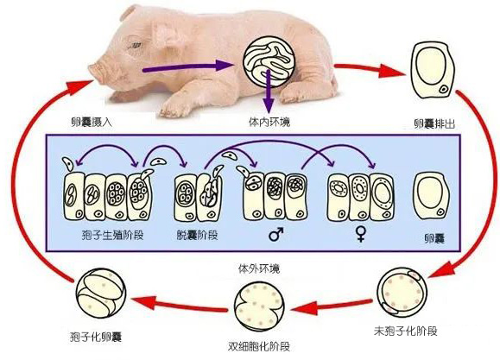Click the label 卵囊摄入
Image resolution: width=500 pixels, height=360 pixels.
pos(92,122)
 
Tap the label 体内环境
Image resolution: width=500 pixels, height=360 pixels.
pos(269,122)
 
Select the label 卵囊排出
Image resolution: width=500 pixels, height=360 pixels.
pos(434,123)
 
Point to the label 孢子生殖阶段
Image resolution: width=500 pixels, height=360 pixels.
pos(112,236)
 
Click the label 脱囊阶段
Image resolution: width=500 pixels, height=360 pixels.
pos(198,236)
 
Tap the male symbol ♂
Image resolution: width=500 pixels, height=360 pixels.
pos(276,234)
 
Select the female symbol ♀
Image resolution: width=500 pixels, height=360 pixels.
pos(361,234)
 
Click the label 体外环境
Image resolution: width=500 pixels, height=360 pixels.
pos(259,268)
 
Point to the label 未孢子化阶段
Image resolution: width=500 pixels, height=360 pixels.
pos(405,331)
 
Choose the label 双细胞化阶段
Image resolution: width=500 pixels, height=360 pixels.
pos(259,346)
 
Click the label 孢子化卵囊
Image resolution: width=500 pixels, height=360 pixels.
pos(96,337)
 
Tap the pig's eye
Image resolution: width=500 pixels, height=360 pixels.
pos(136,45)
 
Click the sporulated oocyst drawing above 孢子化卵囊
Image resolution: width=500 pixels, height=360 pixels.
pos(101,293)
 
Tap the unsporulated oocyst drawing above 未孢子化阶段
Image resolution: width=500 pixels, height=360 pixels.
pos(402,292)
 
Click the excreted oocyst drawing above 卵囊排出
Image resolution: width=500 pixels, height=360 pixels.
pos(433,71)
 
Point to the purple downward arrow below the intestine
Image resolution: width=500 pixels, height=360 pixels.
pos(269,92)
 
